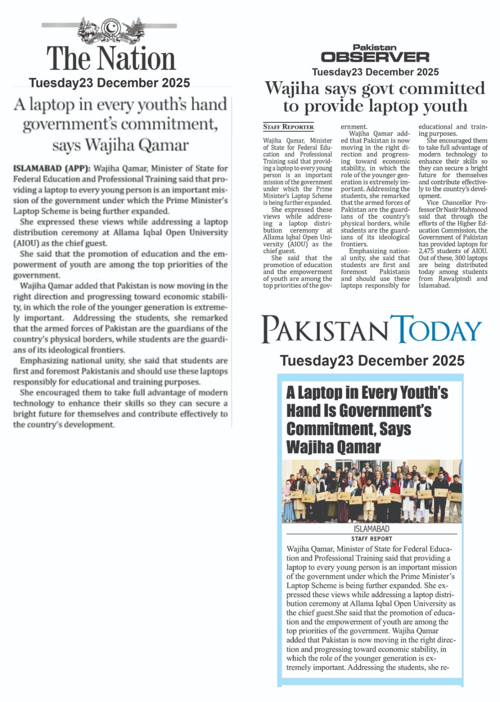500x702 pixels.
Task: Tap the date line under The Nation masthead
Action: pyautogui.click(x=109, y=83)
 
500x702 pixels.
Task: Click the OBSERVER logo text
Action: pyautogui.click(x=375, y=57)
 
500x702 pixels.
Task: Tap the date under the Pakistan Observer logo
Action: pyautogui.click(x=375, y=72)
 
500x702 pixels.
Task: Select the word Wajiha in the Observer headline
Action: pyautogui.click(x=292, y=89)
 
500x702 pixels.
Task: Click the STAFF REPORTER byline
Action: pyautogui.click(x=288, y=127)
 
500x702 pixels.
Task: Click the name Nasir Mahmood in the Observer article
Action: pyautogui.click(x=468, y=210)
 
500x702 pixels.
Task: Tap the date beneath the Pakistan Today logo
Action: pyautogui.click(x=372, y=361)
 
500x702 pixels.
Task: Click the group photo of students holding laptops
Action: pyautogui.click(x=371, y=491)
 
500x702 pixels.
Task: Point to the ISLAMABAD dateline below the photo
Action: pyautogui.click(x=371, y=529)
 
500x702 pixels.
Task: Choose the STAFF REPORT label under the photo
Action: pyautogui.click(x=371, y=539)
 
